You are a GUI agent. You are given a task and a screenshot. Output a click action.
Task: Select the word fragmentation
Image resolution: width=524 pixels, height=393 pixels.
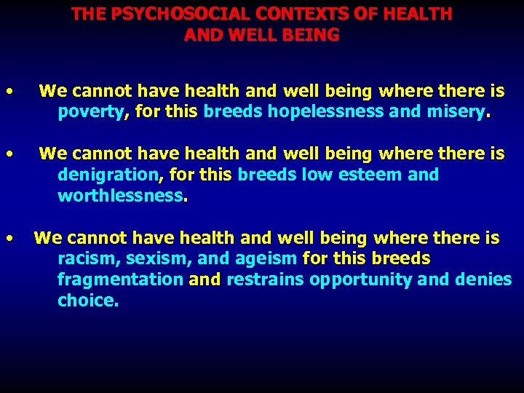point(120,279)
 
